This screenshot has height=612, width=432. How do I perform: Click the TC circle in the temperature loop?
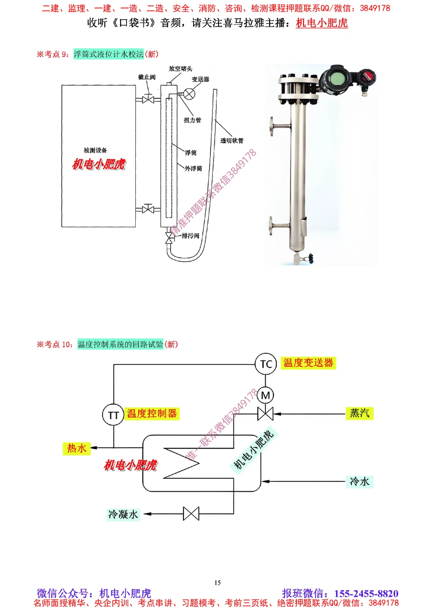tap(266, 364)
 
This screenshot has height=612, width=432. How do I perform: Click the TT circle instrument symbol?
tap(113, 415)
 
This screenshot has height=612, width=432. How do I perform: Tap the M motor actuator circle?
tap(265, 395)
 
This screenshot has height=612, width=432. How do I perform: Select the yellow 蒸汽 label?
tap(359, 413)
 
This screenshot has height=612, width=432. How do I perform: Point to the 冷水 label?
tap(359, 481)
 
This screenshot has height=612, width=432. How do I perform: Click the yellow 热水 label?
tap(76, 448)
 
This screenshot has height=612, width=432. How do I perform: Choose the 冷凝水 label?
tap(123, 514)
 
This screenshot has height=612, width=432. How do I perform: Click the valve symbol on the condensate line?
tap(191, 513)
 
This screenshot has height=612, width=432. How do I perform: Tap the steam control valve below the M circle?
tap(265, 414)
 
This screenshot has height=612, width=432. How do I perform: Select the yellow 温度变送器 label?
tap(308, 363)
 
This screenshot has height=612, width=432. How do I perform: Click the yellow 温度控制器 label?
tap(152, 413)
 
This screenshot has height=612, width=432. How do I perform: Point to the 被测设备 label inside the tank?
tap(95, 151)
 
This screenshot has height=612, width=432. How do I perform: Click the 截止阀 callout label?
tap(147, 77)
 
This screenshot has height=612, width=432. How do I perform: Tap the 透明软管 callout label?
tap(232, 141)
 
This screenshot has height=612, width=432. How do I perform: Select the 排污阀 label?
tap(191, 236)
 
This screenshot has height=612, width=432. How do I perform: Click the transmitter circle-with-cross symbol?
tap(189, 93)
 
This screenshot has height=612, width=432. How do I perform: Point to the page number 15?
tap(217, 583)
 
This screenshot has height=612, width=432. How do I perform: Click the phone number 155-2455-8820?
tap(366, 593)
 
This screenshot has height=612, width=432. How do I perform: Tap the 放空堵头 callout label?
tap(181, 69)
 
